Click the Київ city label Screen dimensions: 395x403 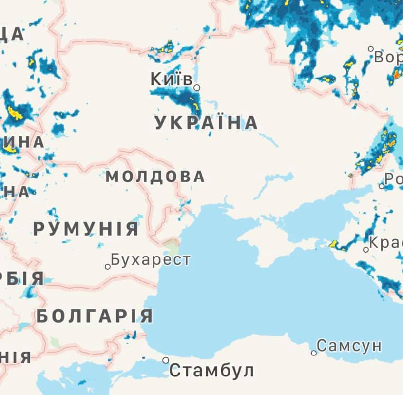tap(171, 79)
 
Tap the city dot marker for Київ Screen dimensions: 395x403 tap(197, 88)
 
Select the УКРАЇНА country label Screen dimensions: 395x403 tap(206, 123)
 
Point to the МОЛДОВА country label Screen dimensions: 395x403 tap(155, 177)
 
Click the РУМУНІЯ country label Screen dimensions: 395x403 tap(86, 228)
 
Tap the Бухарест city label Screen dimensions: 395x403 tap(150, 259)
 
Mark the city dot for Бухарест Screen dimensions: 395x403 tap(108, 267)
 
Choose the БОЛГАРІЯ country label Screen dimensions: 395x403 tap(95, 316)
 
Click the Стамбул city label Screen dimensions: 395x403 tap(211, 371)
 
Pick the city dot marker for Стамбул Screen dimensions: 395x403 tap(166, 360)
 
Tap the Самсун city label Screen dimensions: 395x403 tap(349, 346)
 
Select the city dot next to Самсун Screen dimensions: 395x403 tap(314, 353)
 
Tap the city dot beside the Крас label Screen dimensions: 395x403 tap(366, 250)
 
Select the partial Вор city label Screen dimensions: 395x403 tap(388, 57)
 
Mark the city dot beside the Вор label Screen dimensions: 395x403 tap(371, 49)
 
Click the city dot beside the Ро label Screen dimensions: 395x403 tap(382, 186)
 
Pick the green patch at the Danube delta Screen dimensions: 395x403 tap(172, 243)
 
